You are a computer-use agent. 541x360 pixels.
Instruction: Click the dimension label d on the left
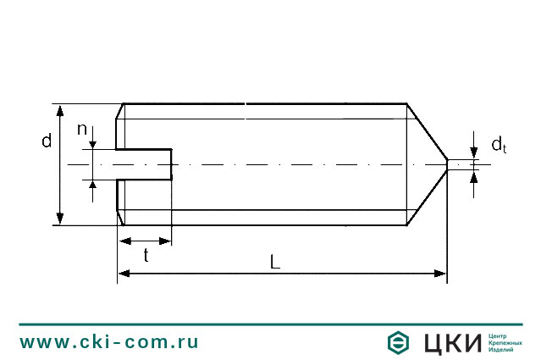(47, 141)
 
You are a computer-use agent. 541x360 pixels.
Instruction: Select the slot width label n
(82, 129)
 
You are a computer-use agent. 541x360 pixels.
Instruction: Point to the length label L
(275, 262)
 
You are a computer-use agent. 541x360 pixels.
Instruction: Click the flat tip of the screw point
(447, 164)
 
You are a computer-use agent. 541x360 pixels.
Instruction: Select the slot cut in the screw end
(144, 164)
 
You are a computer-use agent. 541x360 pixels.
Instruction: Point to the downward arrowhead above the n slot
(91, 145)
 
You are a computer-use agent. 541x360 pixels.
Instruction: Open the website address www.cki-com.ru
(109, 342)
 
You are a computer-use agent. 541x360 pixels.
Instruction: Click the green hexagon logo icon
(399, 343)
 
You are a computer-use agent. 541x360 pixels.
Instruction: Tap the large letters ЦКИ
(451, 343)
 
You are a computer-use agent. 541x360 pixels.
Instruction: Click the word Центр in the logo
(501, 335)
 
